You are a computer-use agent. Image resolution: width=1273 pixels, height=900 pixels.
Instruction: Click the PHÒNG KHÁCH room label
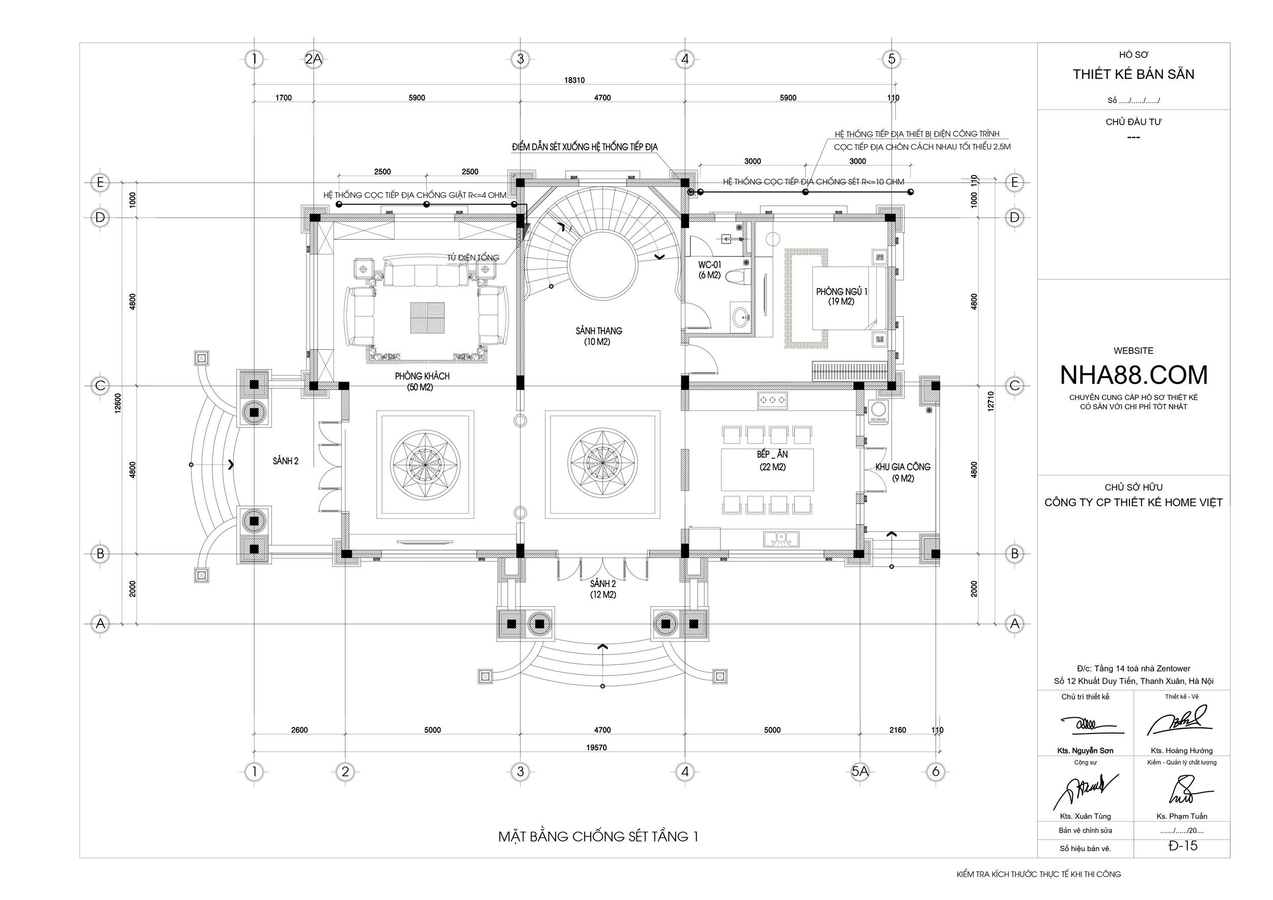[x=422, y=376]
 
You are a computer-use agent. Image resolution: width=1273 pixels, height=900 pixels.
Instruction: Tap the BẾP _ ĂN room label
[x=772, y=455]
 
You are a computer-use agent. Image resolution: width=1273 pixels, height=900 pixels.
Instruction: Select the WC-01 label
[x=710, y=265]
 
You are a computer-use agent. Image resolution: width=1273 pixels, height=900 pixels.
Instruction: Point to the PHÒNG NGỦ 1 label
[x=842, y=292]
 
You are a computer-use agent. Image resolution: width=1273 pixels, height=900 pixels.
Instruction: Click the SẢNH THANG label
[x=598, y=331]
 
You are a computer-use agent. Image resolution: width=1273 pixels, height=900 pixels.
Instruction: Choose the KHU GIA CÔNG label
[x=903, y=467]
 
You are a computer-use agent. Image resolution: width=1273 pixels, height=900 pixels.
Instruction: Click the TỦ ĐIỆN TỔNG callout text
[x=473, y=258]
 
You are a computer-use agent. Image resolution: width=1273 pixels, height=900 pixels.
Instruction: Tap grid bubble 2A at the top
[x=314, y=59]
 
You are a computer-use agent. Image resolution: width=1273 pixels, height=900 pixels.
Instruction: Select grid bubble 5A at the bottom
[x=860, y=771]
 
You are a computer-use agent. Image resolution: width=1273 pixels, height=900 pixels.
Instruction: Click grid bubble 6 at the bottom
[x=936, y=771]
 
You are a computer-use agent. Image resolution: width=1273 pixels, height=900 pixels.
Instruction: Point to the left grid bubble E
[x=100, y=182]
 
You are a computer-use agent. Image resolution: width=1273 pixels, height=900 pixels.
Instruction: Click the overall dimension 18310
[x=574, y=80]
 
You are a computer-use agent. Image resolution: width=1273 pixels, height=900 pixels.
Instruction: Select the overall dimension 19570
[x=597, y=748]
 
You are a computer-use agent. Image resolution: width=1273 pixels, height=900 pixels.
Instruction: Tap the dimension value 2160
[x=898, y=730]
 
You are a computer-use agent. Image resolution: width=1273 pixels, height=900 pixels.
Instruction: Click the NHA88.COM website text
[x=1134, y=375]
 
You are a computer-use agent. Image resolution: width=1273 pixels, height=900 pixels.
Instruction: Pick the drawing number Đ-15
[x=1183, y=846]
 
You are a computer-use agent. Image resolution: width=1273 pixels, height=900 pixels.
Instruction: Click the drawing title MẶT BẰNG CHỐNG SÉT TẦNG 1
[x=598, y=836]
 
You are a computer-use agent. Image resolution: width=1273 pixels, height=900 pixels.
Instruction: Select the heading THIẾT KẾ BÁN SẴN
[x=1133, y=74]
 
